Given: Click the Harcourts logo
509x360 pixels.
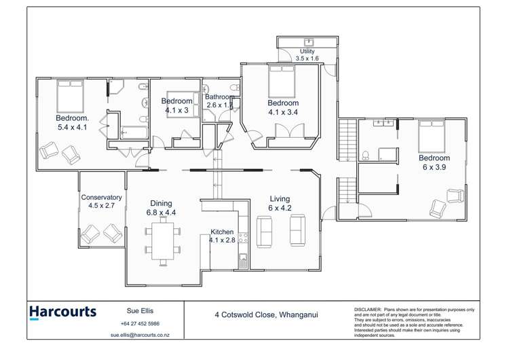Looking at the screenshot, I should coord(62,313).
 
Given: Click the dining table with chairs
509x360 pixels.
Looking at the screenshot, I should coord(163,242).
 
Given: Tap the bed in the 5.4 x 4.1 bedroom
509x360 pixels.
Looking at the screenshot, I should coord(69,96).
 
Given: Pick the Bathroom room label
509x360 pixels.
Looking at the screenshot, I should coord(219,101).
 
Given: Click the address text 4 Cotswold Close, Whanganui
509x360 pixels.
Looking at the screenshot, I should coord(266,314).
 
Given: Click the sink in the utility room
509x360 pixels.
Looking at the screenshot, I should coord(308,41).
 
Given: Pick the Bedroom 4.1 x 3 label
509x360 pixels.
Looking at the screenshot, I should coord(176,106).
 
